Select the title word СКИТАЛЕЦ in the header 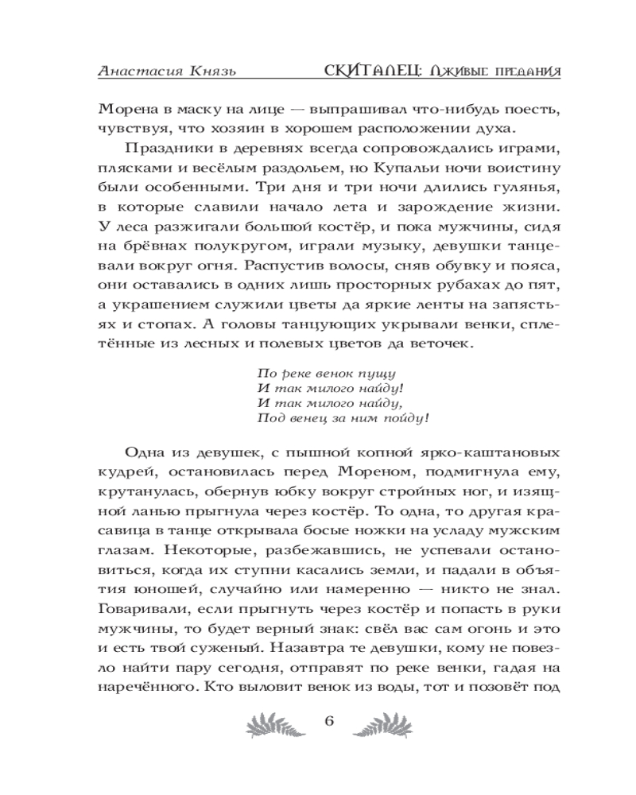click(369, 70)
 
